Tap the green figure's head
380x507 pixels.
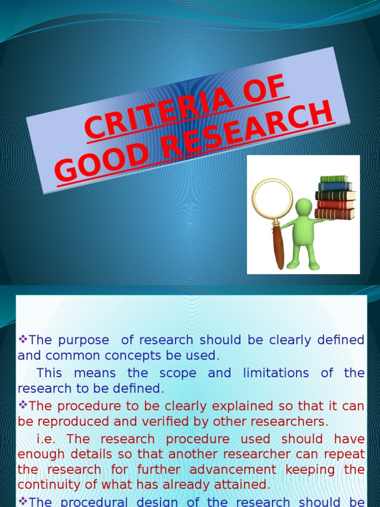point(303,206)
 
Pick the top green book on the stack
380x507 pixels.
point(334,179)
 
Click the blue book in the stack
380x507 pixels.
point(335,187)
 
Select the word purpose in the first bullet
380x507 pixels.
point(84,340)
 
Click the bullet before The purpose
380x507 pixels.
point(22,340)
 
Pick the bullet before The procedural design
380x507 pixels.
point(22,501)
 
